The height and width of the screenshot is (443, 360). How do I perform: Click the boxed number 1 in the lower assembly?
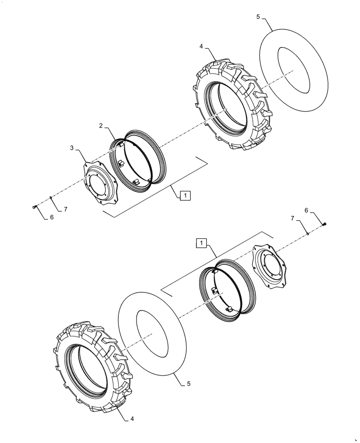[202, 243]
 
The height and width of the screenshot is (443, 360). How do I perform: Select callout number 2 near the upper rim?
[102, 126]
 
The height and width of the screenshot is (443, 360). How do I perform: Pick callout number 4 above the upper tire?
[201, 46]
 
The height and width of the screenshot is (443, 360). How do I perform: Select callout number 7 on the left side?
[66, 209]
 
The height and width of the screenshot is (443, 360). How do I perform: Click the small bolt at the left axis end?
[35, 207]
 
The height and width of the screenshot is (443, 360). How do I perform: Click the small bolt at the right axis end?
[326, 225]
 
